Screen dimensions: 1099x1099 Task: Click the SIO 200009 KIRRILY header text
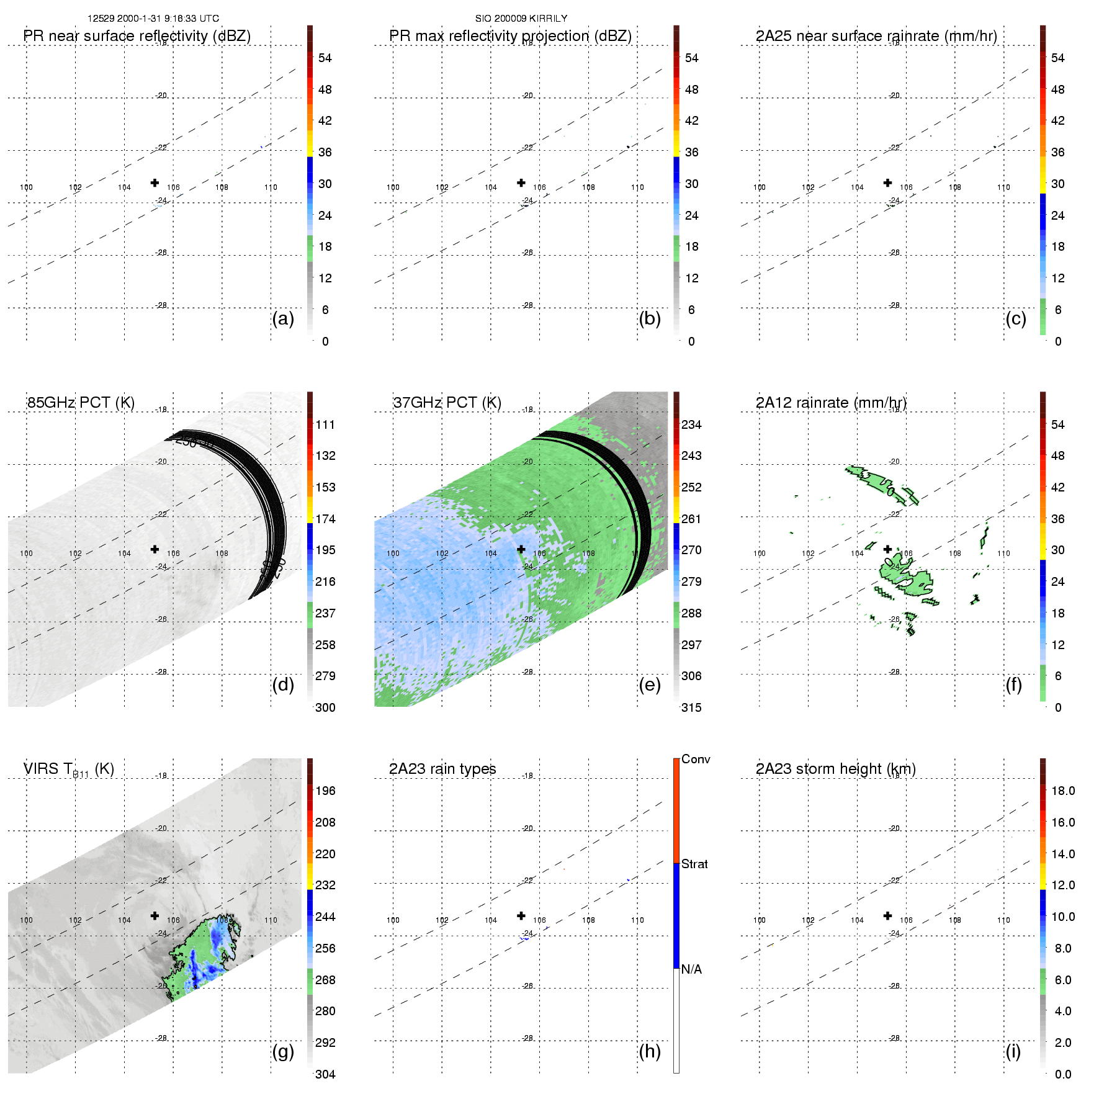pos(521,19)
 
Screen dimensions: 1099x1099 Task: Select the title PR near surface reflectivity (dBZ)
pos(137,36)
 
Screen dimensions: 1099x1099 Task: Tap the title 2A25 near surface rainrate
pos(876,36)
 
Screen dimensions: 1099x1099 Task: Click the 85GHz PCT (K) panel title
pos(81,403)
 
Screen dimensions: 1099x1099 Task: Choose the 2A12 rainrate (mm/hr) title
pos(831,403)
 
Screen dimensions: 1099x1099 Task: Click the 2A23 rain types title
pos(442,769)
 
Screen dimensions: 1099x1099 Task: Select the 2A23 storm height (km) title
pos(836,769)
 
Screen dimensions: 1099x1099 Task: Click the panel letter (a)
pos(283,319)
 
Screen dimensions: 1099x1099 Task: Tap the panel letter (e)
pos(650,685)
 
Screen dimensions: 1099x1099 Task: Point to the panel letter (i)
pos(1013,1051)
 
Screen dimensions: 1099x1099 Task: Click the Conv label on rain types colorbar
pos(696,760)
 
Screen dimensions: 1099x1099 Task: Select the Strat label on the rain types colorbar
pos(694,864)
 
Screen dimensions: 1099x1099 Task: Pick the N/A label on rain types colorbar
pos(691,969)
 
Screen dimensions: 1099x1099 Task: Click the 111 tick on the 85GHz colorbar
pos(325,425)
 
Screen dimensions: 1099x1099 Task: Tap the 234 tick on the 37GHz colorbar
pos(691,425)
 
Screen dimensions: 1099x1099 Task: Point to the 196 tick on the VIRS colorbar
pos(325,791)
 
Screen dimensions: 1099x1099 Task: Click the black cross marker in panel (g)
pos(155,916)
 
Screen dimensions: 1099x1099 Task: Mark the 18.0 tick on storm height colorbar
pos(1063,791)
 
